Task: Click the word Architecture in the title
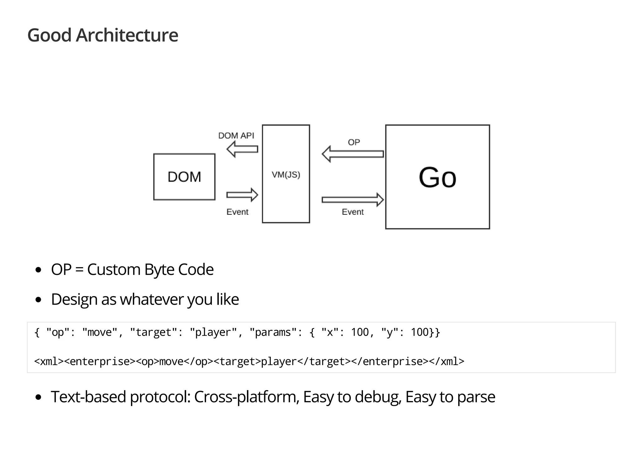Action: tap(127, 35)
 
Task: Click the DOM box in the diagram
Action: tap(184, 177)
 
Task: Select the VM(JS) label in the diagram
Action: tap(286, 175)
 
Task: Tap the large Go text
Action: tap(437, 178)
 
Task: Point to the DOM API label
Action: tap(236, 136)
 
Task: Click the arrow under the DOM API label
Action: tap(242, 149)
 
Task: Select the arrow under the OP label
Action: tap(353, 154)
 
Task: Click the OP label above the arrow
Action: tap(354, 142)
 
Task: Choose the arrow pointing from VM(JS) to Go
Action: tap(353, 200)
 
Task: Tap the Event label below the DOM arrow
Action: tap(237, 212)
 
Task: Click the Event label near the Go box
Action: tap(353, 212)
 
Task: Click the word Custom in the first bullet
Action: tap(113, 270)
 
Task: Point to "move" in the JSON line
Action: tap(100, 332)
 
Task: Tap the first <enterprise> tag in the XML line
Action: tap(100, 362)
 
